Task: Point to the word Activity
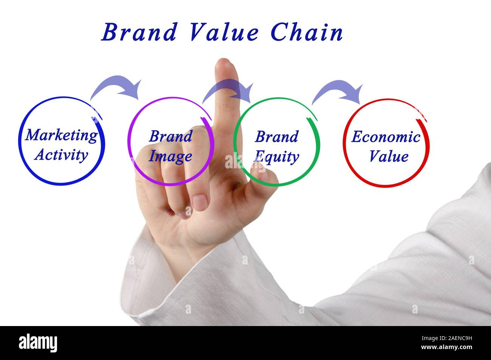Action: pyautogui.click(x=61, y=155)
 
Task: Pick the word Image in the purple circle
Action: pyautogui.click(x=170, y=156)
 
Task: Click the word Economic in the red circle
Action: pyautogui.click(x=386, y=137)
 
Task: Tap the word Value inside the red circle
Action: pyautogui.click(x=388, y=156)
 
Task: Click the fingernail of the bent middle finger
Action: pyautogui.click(x=199, y=202)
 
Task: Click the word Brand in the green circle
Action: pyautogui.click(x=276, y=137)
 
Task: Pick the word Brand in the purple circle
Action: pyautogui.click(x=170, y=136)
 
